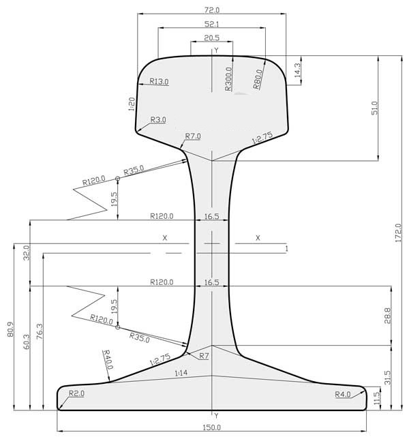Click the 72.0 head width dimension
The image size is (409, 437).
(212, 10)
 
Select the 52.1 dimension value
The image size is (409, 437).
(212, 25)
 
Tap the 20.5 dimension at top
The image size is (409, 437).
(212, 38)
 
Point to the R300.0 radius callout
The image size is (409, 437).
(228, 79)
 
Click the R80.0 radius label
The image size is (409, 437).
(258, 79)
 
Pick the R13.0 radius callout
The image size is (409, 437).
(159, 81)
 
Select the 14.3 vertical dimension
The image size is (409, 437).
(297, 70)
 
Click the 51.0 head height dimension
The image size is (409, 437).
(375, 108)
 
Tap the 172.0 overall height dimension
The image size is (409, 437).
(398, 232)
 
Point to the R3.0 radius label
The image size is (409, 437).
(158, 120)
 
